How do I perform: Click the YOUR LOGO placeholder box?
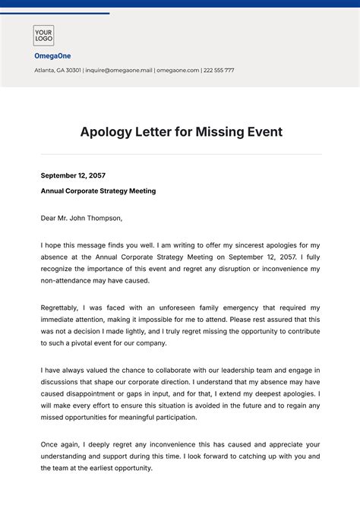pos(43,36)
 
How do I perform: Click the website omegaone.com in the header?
pos(178,70)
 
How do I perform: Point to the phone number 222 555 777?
pos(219,70)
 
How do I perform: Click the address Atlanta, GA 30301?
pos(55,70)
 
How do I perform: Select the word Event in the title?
pos(261,132)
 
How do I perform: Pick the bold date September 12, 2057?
pos(73,175)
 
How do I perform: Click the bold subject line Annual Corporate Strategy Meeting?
pos(98,191)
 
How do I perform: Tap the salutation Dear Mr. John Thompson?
pos(81,219)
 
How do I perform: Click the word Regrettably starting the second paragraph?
pos(63,308)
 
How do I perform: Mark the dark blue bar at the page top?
pos(180,3)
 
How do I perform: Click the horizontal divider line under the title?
pos(180,155)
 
